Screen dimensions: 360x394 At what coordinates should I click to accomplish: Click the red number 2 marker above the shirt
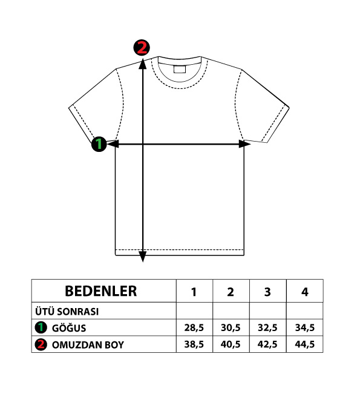(142, 47)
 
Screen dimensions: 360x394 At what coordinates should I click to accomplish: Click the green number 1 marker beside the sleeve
(99, 144)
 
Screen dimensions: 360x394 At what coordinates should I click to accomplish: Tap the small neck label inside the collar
(180, 69)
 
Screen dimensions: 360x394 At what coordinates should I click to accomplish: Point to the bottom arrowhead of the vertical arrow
(143, 257)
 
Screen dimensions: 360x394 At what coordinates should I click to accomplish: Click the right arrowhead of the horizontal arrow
(244, 144)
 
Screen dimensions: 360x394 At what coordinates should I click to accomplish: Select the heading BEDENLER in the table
(101, 291)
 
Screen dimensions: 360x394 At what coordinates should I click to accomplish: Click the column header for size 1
(194, 292)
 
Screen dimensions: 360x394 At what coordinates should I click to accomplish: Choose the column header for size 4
(305, 292)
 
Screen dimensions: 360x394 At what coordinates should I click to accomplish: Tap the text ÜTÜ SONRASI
(67, 312)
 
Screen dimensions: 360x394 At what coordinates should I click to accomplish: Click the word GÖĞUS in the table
(69, 328)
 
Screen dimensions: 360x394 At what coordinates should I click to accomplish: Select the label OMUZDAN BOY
(88, 345)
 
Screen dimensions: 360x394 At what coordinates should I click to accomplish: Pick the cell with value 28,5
(194, 327)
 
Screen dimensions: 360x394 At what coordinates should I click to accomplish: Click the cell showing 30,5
(231, 327)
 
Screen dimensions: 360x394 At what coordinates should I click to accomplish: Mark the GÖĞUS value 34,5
(305, 327)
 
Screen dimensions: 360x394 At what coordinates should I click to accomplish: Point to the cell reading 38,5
(194, 344)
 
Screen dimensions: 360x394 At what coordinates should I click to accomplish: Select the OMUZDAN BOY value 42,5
(267, 344)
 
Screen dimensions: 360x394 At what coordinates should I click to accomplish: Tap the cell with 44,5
(305, 344)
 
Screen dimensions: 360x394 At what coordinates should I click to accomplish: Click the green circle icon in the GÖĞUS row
(41, 327)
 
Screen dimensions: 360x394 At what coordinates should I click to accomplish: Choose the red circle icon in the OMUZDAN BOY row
(41, 344)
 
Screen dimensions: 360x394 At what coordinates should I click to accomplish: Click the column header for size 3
(267, 292)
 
